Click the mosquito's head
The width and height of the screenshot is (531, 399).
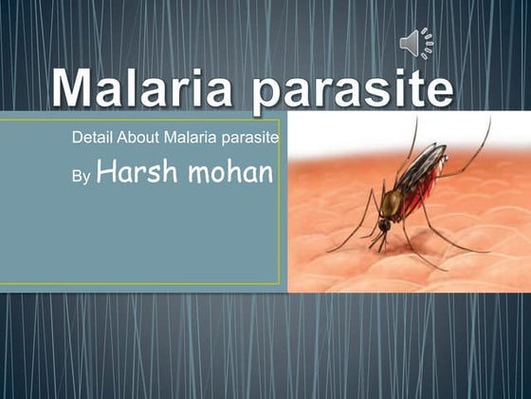384,226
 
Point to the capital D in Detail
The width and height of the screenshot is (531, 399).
77,140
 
